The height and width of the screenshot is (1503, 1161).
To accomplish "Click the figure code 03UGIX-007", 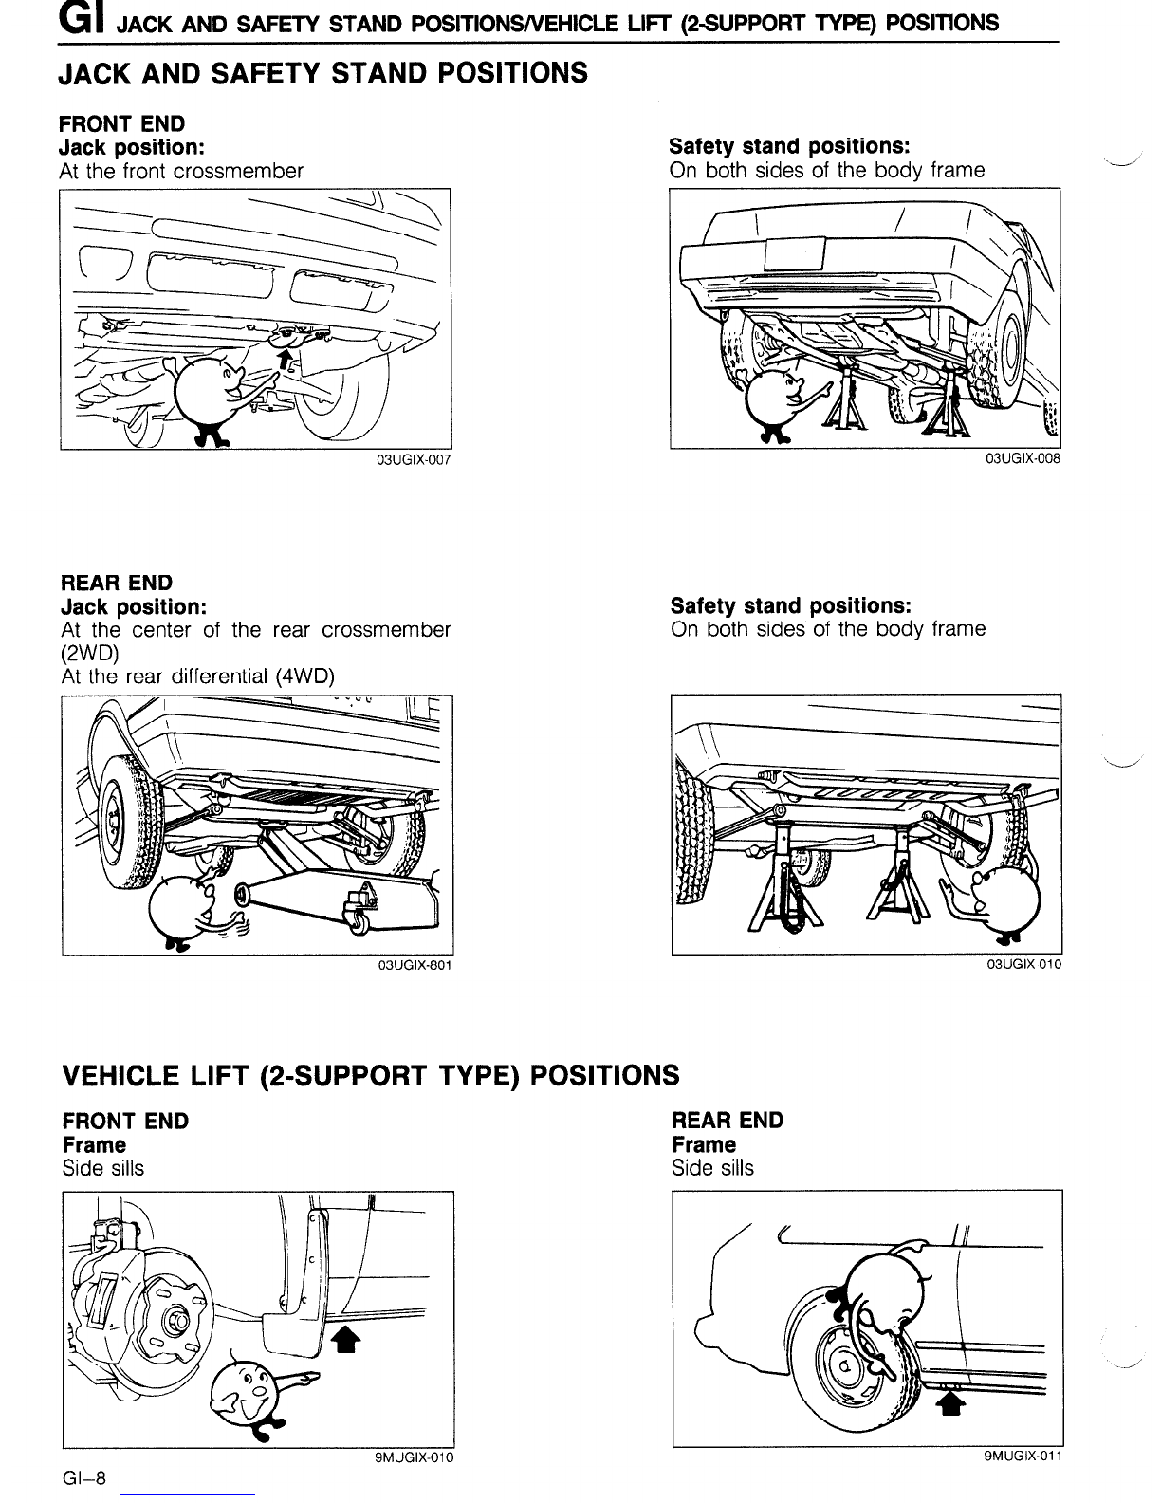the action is (414, 460).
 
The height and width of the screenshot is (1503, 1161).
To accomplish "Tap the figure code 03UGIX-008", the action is (1023, 458).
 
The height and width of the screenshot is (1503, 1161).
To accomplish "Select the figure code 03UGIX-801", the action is (415, 966).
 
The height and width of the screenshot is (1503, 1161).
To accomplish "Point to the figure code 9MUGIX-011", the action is (1023, 1456).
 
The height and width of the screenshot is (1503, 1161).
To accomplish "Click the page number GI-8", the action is (84, 1478).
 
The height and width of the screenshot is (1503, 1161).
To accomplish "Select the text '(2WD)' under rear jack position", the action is (90, 653).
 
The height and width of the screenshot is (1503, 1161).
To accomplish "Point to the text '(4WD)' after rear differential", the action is (304, 676).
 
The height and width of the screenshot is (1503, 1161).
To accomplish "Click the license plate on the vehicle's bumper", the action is (795, 254).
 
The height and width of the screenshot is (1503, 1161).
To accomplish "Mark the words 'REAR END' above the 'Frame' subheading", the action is (728, 1121).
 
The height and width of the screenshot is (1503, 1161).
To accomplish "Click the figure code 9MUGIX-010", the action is (415, 1457).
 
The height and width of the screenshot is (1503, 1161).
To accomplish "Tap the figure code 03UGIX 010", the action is (1024, 964).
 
